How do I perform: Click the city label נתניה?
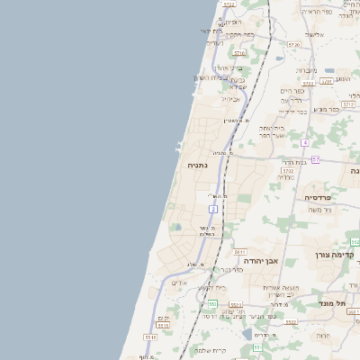point(197,166)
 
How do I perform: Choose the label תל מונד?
point(334,304)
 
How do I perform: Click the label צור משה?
point(319,210)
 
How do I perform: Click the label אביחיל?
point(231,100)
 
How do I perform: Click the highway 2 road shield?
point(213,209)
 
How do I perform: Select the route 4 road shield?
point(305,143)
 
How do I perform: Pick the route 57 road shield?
point(315,159)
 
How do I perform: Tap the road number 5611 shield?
point(241,252)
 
